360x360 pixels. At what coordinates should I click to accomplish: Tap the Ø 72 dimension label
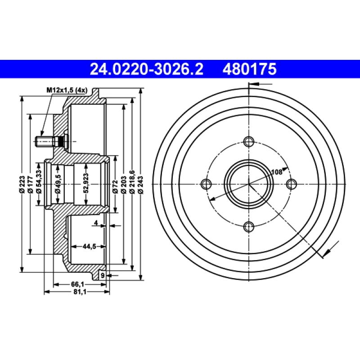[115, 185]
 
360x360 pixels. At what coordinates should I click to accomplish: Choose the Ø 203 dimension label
[124, 185]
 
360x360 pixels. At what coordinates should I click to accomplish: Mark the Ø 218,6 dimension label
[132, 182]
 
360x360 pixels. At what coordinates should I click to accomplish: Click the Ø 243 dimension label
[141, 185]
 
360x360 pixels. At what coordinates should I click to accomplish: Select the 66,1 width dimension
[78, 284]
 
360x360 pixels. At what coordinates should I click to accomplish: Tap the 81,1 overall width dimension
[78, 292]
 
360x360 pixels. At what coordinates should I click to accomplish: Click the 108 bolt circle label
[276, 171]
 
